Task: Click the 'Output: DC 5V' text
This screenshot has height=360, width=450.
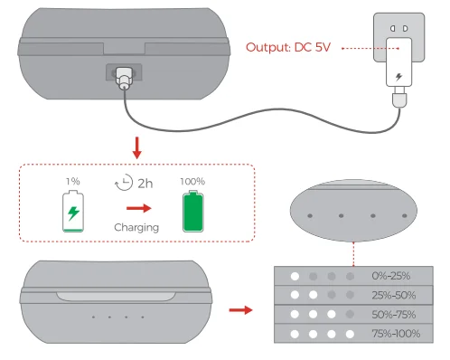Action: point(288,47)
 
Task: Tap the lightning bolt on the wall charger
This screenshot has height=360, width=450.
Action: point(398,77)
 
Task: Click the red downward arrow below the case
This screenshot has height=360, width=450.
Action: point(137,147)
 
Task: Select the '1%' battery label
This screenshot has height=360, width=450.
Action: point(73,181)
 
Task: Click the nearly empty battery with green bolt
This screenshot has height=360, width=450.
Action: point(73,211)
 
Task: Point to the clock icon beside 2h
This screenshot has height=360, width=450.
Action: point(124,182)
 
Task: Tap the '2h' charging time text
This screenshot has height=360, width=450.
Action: point(145,184)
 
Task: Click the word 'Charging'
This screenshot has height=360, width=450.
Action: point(136,227)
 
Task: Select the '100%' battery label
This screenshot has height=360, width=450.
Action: point(192,181)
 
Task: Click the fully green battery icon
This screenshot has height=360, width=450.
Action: point(193,211)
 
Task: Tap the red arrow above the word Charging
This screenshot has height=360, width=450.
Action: point(139,208)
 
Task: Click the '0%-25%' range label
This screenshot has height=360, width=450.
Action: point(391,276)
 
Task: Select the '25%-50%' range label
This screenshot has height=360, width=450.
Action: point(394,295)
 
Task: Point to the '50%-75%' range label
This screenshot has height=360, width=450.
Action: point(394,315)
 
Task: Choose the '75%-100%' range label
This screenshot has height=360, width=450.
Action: point(396,334)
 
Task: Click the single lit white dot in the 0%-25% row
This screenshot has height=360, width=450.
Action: point(295,276)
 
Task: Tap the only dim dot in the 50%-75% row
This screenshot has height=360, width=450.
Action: point(350,315)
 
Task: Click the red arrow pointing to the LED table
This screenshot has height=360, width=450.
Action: point(240,310)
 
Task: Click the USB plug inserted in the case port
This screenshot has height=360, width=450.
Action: point(124,78)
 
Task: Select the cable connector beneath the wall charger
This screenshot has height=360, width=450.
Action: point(399,97)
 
